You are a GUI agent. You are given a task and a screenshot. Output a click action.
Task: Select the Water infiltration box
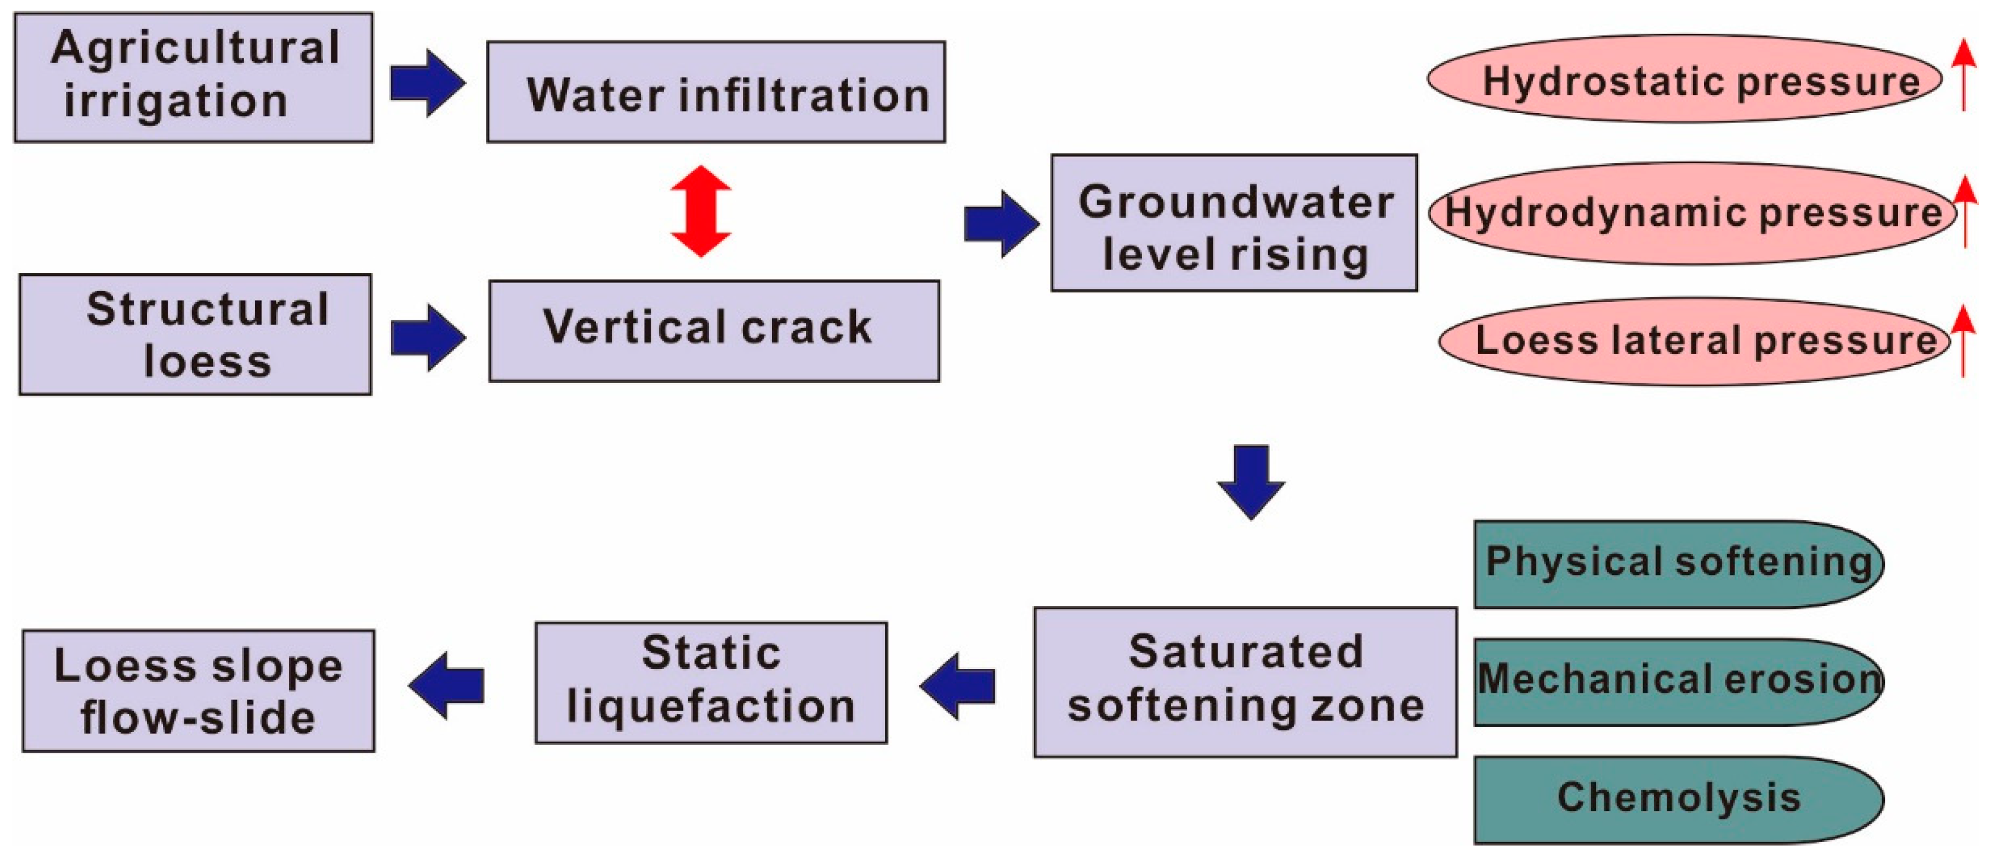click(716, 92)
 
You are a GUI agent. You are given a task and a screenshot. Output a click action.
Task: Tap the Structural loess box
click(195, 335)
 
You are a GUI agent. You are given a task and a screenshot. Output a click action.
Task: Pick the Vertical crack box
click(713, 331)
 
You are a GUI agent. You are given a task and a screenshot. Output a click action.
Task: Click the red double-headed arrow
click(700, 210)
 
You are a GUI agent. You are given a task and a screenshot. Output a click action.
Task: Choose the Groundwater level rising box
click(1234, 224)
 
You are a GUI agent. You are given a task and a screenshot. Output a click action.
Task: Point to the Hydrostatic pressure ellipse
click(1684, 78)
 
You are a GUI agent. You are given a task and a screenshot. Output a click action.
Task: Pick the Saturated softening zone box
click(1244, 681)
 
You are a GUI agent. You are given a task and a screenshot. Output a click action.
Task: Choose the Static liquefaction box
click(710, 682)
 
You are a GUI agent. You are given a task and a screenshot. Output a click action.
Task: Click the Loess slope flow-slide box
click(198, 690)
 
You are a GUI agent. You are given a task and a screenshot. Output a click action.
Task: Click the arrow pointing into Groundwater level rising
click(1000, 224)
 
